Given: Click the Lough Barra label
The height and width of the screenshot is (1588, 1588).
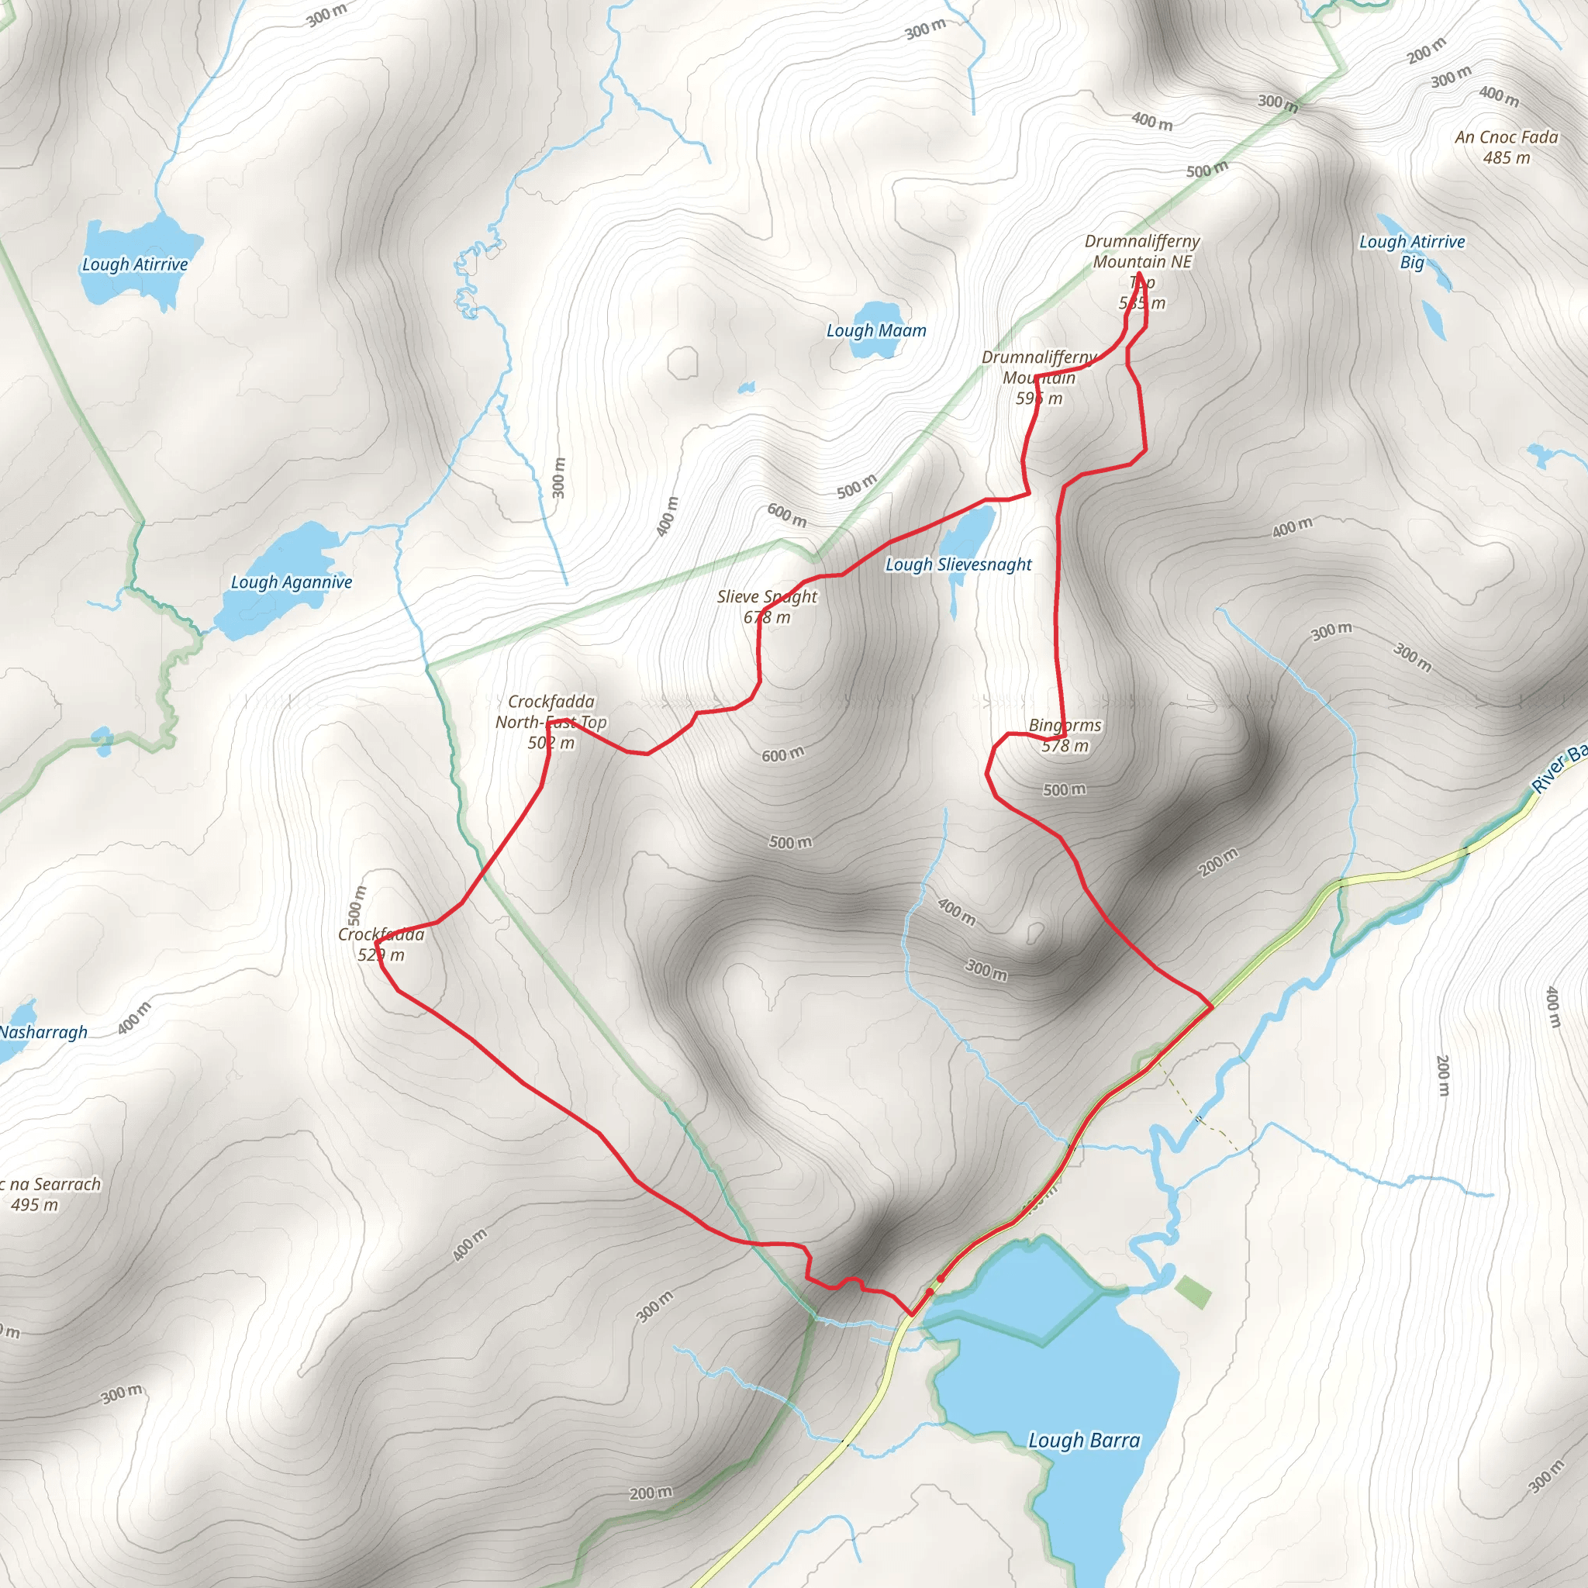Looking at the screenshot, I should tap(1084, 1440).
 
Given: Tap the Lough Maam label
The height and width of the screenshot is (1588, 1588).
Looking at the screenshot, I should tap(876, 330).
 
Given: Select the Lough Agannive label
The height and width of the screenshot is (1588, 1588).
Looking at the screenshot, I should tap(291, 582).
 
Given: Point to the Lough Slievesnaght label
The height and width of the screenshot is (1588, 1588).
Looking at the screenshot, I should tap(958, 564).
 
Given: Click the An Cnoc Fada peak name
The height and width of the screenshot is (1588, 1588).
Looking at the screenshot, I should tap(1506, 137).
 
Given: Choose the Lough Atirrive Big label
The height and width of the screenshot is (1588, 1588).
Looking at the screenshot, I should tap(1412, 251).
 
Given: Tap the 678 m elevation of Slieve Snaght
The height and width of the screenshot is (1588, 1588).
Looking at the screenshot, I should tap(767, 617).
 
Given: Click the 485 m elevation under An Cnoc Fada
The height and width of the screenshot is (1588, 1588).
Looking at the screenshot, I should tap(1507, 158).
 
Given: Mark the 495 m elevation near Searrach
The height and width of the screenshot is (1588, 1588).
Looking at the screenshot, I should tap(35, 1205).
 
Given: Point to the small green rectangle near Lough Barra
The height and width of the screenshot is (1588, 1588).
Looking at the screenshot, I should tap(1193, 1292).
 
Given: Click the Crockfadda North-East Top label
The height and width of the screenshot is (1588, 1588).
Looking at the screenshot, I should tap(551, 712).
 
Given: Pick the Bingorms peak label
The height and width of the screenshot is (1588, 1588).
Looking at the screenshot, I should tap(1065, 725).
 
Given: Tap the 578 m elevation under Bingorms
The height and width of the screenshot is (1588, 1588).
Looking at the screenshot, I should tap(1065, 745).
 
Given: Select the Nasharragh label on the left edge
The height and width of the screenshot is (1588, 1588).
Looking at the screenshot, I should tap(43, 1032).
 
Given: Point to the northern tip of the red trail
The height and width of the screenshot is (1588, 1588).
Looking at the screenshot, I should tap(1138, 273).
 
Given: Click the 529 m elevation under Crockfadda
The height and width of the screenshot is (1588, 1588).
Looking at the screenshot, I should tap(381, 955).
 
